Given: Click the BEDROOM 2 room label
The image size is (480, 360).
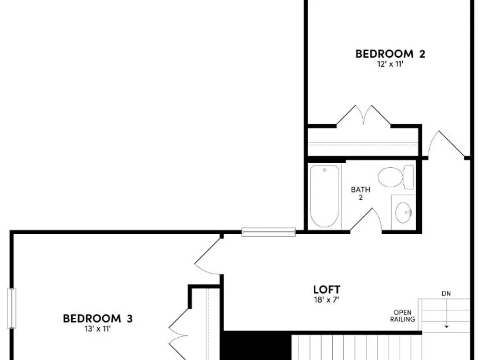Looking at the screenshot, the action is pyautogui.click(x=390, y=54).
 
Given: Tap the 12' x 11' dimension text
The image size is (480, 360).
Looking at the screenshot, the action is pyautogui.click(x=390, y=64).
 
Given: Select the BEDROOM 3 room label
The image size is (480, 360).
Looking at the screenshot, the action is pyautogui.click(x=97, y=319).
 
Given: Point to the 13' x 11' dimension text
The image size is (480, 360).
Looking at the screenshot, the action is pyautogui.click(x=97, y=329).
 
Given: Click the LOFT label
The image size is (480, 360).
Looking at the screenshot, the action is pyautogui.click(x=326, y=289).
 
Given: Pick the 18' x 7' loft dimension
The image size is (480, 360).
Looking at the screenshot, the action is pyautogui.click(x=326, y=300).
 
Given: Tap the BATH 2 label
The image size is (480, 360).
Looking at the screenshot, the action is pyautogui.click(x=360, y=193).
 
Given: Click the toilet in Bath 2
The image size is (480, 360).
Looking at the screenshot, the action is pyautogui.click(x=396, y=177).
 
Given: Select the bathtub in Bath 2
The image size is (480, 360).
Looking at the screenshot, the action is pyautogui.click(x=324, y=196).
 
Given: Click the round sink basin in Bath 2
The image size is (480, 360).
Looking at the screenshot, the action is pyautogui.click(x=403, y=213).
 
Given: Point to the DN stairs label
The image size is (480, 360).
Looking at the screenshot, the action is pyautogui.click(x=446, y=294).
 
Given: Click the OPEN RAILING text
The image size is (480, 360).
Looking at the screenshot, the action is pyautogui.click(x=403, y=316).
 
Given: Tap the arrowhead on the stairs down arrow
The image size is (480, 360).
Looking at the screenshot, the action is pyautogui.click(x=446, y=326).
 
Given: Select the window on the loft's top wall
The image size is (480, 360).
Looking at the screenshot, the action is pyautogui.click(x=268, y=232).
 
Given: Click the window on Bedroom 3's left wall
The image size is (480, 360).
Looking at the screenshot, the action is pyautogui.click(x=12, y=308).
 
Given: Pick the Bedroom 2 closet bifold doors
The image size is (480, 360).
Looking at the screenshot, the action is pyautogui.click(x=364, y=115).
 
